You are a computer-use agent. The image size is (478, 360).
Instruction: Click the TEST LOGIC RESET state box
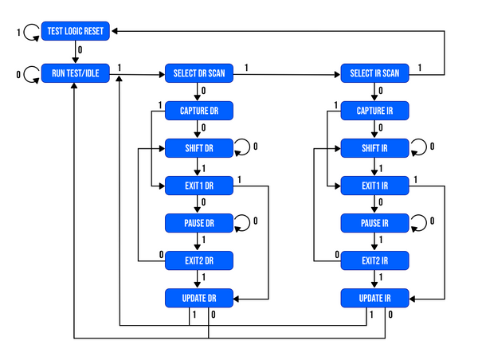pyautogui.click(x=75, y=31)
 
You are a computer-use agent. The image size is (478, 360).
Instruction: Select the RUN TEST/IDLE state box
pyautogui.click(x=75, y=74)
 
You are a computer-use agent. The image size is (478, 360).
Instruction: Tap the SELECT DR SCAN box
pyautogui.click(x=199, y=74)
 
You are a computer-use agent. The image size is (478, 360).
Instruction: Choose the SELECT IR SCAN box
pyautogui.click(x=375, y=74)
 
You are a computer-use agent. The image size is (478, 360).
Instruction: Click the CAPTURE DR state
pyautogui.click(x=199, y=111)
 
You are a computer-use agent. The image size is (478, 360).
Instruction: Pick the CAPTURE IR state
pyautogui.click(x=375, y=111)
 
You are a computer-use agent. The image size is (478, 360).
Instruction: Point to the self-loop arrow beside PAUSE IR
pyautogui.click(x=419, y=222)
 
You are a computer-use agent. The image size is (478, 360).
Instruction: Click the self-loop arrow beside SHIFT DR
pyautogui.click(x=243, y=147)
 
